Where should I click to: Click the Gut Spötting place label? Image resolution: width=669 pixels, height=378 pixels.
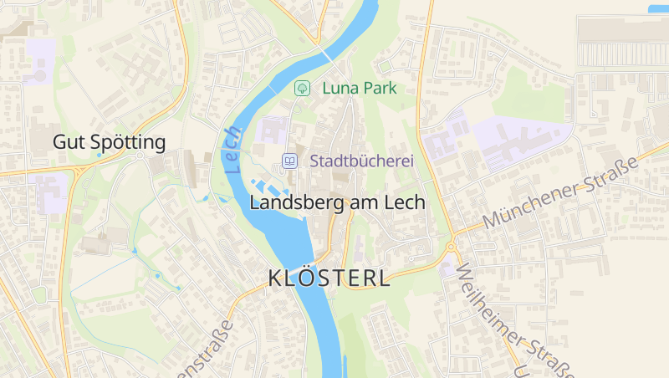pyautogui.click(x=109, y=142)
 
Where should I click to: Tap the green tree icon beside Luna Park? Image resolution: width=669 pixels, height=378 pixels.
pyautogui.click(x=302, y=87)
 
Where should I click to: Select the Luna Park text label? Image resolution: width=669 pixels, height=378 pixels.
pyautogui.click(x=358, y=87)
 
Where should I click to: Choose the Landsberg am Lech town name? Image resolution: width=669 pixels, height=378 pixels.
pyautogui.click(x=337, y=202)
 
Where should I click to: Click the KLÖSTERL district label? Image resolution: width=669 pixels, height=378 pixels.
pyautogui.click(x=329, y=278)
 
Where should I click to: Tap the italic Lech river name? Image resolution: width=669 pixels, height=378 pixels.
pyautogui.click(x=232, y=151)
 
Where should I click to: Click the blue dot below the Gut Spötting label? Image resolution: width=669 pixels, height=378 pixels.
pyautogui.click(x=100, y=155)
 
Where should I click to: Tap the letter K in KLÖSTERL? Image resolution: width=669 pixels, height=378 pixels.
pyautogui.click(x=277, y=278)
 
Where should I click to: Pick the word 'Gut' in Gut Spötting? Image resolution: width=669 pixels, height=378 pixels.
pyautogui.click(x=67, y=142)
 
